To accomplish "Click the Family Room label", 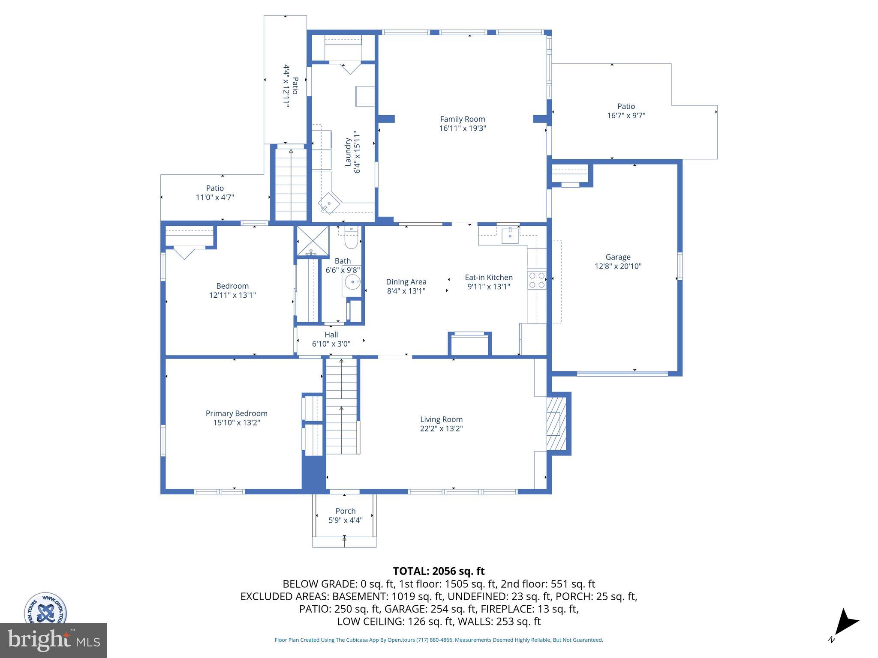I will tap(462, 119).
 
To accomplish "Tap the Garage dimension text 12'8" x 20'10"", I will tap(618, 266).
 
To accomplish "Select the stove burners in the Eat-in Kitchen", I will tap(537, 280).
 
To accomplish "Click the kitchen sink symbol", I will tap(510, 235).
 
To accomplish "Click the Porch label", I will tap(345, 511).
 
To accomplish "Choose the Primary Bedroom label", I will tap(236, 413).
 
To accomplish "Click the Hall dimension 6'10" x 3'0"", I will tap(331, 344).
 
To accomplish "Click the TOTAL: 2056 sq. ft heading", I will tap(439, 571).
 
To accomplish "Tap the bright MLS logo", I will tap(53, 640).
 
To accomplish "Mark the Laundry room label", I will tap(348, 152).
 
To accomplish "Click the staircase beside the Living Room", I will tap(341, 406).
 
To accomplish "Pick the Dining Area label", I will tap(406, 281).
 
